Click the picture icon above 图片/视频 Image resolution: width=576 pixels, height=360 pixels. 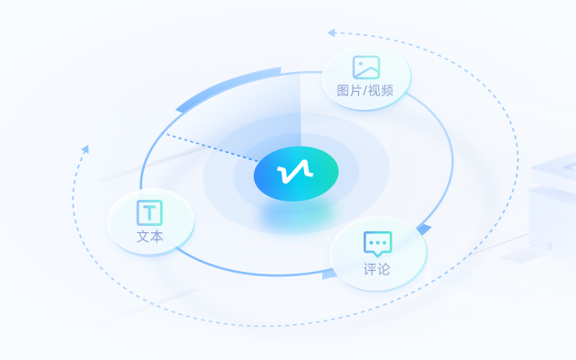tap(366, 67)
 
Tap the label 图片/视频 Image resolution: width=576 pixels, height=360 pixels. tap(365, 90)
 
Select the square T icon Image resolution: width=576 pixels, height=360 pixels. tap(149, 212)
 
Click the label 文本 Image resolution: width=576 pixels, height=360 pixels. tap(150, 237)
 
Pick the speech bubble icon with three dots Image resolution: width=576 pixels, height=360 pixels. tap(378, 244)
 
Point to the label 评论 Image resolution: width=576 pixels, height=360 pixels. tap(377, 269)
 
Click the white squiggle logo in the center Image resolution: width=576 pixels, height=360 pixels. tap(295, 172)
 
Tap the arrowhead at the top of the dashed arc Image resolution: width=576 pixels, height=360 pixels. tap(331, 32)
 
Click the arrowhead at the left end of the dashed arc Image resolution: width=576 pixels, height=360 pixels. tap(85, 149)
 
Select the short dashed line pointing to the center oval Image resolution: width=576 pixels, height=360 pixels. tap(212, 148)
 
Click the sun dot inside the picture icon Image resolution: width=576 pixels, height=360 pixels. tap(361, 64)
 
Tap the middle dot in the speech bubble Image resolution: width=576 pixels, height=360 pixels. tap(378, 243)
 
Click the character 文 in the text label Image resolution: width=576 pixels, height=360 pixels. tap(143, 237)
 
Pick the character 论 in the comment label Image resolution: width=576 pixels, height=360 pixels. tap(384, 269)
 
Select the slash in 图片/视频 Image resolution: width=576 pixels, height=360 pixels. tap(365, 90)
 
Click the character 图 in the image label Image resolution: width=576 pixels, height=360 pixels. tap(343, 90)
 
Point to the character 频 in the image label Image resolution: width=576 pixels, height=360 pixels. tap(387, 90)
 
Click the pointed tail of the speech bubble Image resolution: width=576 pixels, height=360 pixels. tap(377, 254)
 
